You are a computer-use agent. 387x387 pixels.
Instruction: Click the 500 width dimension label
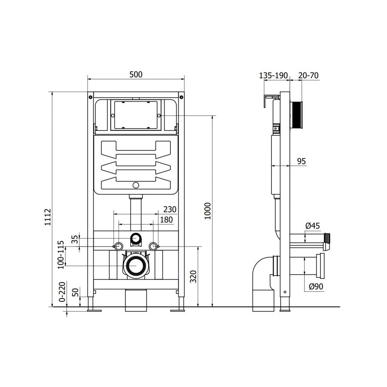[136, 74]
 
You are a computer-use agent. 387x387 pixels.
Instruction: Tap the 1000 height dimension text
[207, 211]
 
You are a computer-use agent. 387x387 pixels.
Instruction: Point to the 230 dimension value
[170, 209]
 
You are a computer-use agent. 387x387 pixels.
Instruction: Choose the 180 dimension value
[166, 220]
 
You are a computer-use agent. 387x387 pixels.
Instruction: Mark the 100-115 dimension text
[60, 255]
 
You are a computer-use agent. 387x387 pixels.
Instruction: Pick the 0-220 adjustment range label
[62, 291]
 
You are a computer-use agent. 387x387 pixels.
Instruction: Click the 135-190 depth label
[273, 75]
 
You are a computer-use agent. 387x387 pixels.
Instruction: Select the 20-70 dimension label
[308, 75]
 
